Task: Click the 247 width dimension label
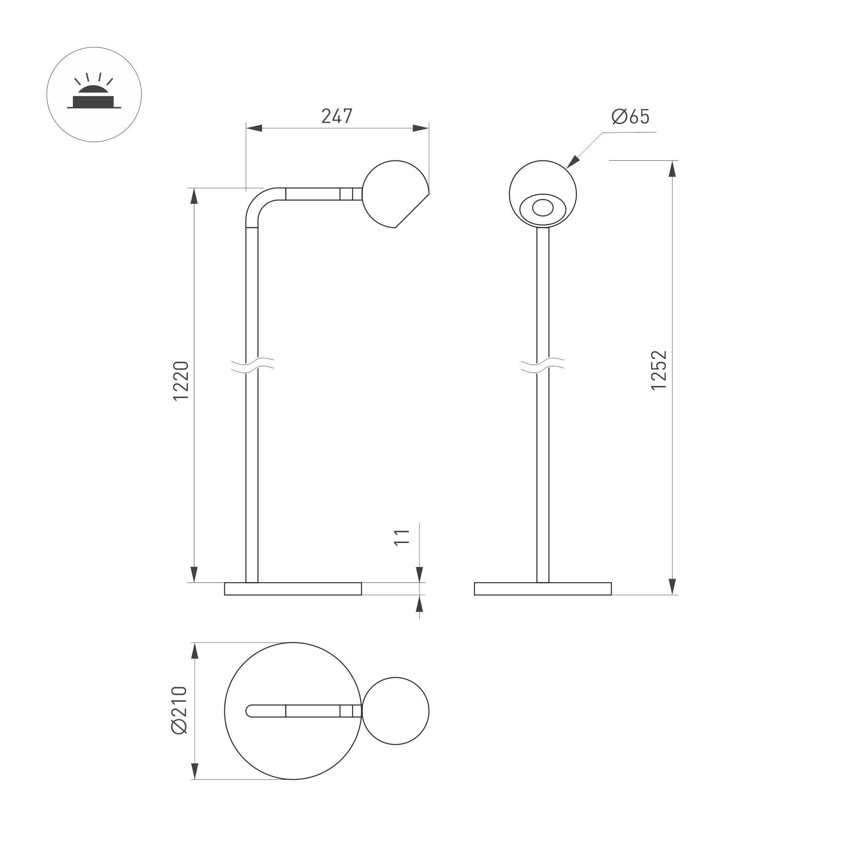click(x=337, y=116)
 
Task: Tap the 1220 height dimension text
click(x=181, y=380)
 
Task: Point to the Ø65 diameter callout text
click(x=630, y=117)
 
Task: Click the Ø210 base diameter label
click(x=180, y=710)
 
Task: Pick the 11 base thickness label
click(x=402, y=537)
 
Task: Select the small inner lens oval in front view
click(x=543, y=208)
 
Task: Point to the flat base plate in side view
click(x=293, y=588)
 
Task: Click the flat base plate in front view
click(x=543, y=588)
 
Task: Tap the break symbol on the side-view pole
click(x=252, y=365)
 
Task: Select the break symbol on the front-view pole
click(x=543, y=365)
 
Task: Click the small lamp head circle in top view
click(x=395, y=711)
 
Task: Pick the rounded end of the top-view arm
click(x=250, y=711)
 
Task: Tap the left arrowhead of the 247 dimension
click(x=254, y=128)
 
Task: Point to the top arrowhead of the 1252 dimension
click(x=673, y=169)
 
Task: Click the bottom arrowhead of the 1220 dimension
click(x=194, y=574)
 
